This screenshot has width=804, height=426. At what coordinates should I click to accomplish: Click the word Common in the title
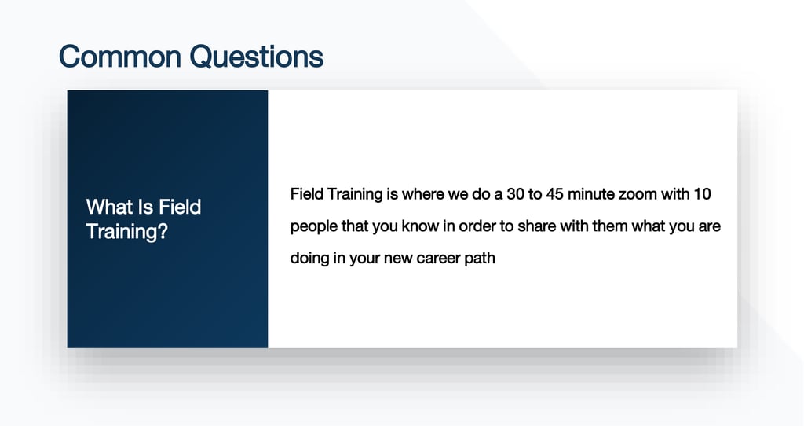[x=120, y=57]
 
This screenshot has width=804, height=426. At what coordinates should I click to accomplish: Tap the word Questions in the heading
[x=257, y=57]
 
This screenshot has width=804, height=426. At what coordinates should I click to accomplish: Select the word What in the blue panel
[x=109, y=207]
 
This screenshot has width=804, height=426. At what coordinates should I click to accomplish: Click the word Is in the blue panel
[x=145, y=207]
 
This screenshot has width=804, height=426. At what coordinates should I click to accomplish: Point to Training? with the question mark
[x=127, y=232]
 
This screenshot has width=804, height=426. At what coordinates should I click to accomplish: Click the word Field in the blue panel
[x=180, y=207]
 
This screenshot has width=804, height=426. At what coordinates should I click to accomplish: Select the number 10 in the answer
[x=702, y=194]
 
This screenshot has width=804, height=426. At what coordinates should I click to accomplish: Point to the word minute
[x=591, y=194]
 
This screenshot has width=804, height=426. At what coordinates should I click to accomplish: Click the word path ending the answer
[x=480, y=258]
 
